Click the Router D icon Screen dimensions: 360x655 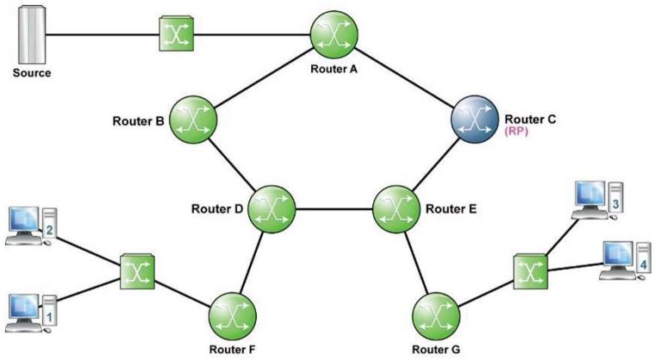(271, 208)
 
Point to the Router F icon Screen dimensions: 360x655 (232, 315)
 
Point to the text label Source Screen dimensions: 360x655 (31, 72)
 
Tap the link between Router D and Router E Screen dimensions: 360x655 (334, 208)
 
